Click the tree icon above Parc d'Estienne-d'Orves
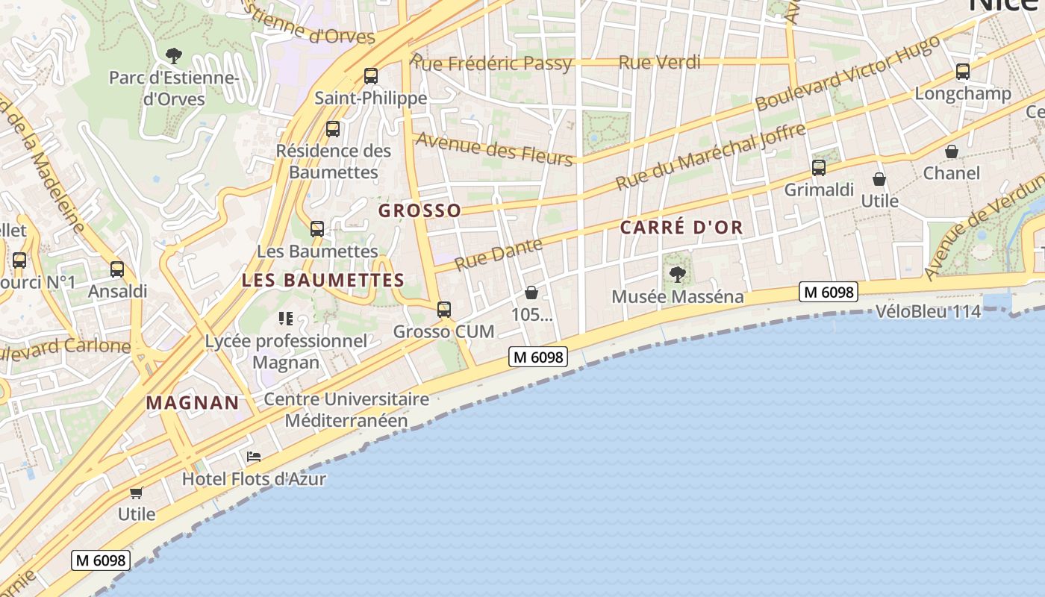174,55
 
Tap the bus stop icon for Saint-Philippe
370,75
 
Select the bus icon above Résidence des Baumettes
333,129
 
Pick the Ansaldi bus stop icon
117,269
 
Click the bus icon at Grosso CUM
444,309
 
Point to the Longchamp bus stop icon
963,72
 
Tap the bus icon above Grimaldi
819,168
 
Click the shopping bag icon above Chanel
952,151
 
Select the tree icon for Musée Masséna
677,274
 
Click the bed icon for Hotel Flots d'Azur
254,456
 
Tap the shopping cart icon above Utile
136,492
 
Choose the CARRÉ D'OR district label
682,228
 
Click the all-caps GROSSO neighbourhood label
419,210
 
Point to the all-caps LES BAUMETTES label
322,281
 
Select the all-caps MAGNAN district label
193,403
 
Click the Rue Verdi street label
660,62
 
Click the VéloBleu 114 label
928,312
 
